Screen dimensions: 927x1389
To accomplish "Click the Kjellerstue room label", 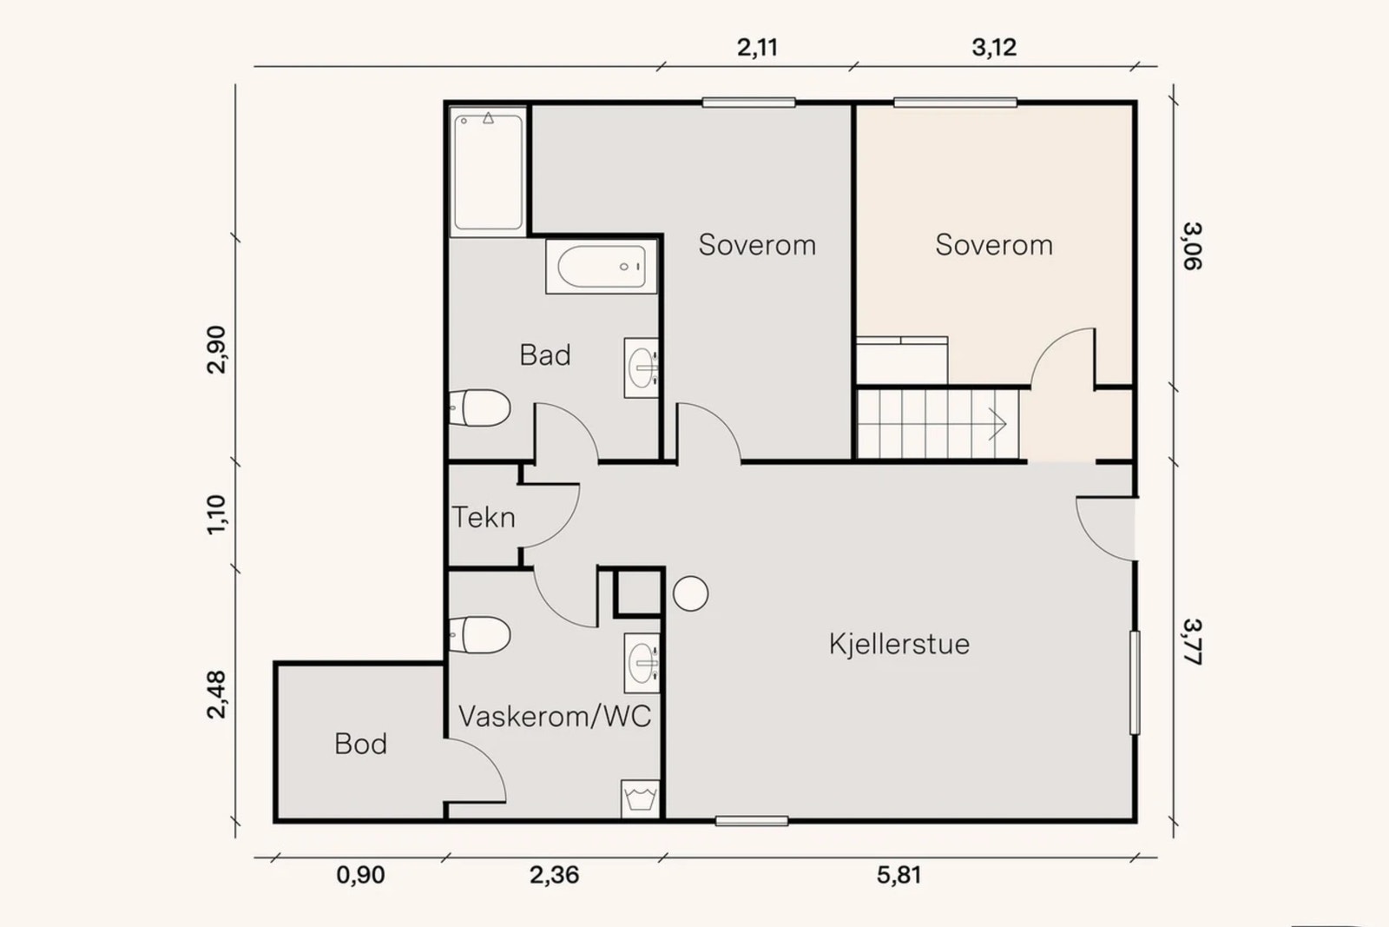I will [x=899, y=644].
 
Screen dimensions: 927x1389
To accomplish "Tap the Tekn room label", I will [x=484, y=518].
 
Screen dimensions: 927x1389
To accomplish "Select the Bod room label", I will [x=360, y=744].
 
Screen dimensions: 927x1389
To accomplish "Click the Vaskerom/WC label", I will [x=554, y=717].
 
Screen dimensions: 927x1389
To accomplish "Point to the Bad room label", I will [x=545, y=354].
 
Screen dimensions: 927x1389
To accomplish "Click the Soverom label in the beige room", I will [x=994, y=245].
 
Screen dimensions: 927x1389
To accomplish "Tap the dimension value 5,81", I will [x=899, y=875].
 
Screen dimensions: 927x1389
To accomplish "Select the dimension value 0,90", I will [x=360, y=875].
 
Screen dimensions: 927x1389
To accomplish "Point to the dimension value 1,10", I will [x=216, y=514].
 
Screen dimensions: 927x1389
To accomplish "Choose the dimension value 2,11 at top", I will [x=757, y=47].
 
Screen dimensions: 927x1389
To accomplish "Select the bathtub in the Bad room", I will [x=602, y=267].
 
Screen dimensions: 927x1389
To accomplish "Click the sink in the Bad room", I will [x=641, y=367].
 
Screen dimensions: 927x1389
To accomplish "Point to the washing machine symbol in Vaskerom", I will [x=641, y=798].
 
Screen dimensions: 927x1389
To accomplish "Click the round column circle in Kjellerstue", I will [x=691, y=594].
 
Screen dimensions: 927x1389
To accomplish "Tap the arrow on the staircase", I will [x=996, y=425].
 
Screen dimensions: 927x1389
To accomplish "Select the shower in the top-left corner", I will [x=488, y=171].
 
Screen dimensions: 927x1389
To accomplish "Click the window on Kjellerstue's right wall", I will [x=1135, y=682].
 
